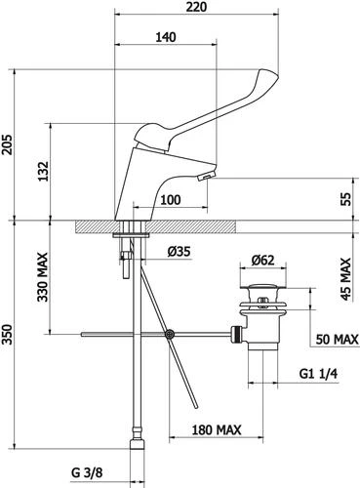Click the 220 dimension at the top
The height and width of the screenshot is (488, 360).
[x=196, y=7]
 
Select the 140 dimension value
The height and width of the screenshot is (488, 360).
[x=166, y=37]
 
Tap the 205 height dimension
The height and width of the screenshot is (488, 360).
[x=7, y=144]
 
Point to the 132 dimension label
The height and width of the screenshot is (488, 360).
[x=42, y=172]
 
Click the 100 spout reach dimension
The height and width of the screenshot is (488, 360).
[x=171, y=200]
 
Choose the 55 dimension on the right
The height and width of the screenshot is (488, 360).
[x=346, y=199]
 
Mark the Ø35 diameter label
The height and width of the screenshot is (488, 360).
[x=180, y=252]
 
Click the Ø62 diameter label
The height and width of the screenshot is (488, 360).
[x=262, y=260]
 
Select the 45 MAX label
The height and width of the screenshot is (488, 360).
[x=346, y=279]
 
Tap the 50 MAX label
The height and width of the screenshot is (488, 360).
[x=338, y=340]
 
